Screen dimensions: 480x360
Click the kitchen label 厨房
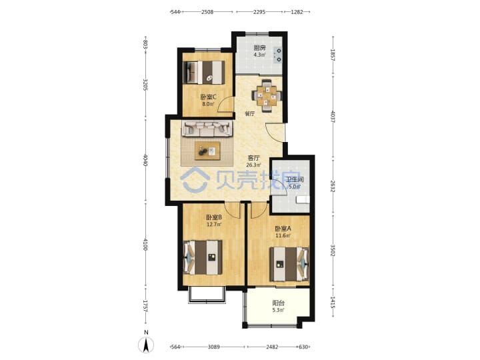pos(259,48)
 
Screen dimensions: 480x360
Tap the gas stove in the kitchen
pos(279,55)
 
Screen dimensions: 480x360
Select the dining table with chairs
pos(266,96)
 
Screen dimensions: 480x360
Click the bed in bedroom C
pos(204,73)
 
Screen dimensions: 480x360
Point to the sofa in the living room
pos(207,129)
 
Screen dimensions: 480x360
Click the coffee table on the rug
pos(207,151)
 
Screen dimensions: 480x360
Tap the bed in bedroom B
pos(203,257)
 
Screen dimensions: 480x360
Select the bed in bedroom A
pos(289,264)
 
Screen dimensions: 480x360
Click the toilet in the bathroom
pos(303,199)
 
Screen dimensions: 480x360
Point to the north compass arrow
pos(146,345)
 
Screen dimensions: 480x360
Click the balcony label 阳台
pos(278,303)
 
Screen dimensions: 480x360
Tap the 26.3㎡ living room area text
pos(253,165)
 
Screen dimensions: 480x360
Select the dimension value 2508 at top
pos(207,12)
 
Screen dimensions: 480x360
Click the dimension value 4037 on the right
pos(333,117)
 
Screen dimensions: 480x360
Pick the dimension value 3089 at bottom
pos(214,347)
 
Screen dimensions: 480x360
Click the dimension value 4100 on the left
pos(145,245)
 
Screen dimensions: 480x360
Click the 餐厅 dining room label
pos(250,114)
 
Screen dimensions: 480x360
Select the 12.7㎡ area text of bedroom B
pos(214,224)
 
